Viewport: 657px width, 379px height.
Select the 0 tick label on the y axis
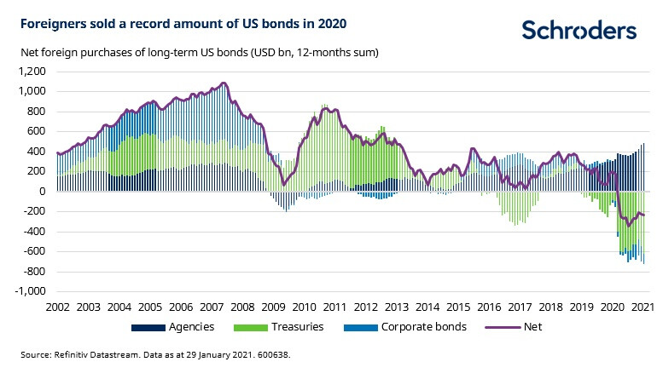[x=40, y=191]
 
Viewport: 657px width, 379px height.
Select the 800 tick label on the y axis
[x=34, y=111]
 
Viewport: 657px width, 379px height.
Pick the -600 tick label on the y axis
[x=32, y=251]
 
